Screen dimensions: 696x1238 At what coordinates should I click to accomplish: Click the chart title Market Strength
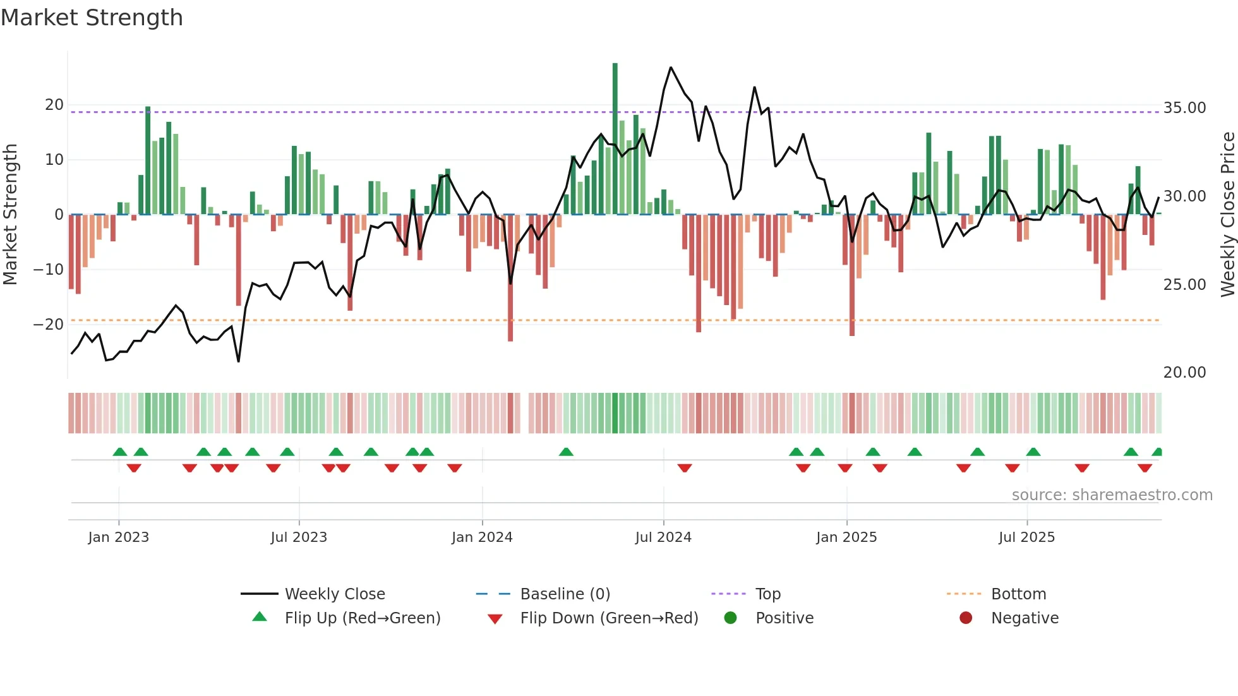(92, 18)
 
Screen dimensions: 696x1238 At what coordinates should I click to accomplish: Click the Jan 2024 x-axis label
(482, 537)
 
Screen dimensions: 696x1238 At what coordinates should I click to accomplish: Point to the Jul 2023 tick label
(299, 537)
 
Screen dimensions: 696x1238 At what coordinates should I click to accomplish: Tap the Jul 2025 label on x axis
(1026, 537)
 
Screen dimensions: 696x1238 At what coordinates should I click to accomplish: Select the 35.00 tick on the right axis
(1184, 108)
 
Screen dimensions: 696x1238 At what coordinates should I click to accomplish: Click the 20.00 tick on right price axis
(1184, 373)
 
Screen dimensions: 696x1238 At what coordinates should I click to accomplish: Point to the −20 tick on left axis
(49, 325)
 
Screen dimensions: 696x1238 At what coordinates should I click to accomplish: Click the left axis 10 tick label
(54, 160)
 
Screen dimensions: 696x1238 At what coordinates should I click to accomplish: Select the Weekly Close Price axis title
(1227, 215)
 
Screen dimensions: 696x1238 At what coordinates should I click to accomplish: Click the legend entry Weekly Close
(334, 594)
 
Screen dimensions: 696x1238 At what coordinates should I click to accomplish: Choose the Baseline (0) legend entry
(565, 594)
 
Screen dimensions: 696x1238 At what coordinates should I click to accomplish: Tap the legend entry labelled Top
(767, 594)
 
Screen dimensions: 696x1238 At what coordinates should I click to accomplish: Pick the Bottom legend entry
(1018, 594)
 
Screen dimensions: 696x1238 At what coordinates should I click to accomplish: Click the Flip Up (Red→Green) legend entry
(362, 618)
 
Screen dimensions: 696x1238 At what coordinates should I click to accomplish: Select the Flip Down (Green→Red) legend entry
(609, 618)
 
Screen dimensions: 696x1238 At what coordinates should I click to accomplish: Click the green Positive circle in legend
(731, 618)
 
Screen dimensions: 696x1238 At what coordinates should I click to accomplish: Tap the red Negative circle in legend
(966, 618)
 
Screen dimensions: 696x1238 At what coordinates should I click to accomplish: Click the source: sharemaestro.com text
(1112, 495)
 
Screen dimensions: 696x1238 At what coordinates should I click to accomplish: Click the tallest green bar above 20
(615, 139)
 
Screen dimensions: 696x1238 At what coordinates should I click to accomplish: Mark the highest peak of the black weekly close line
(671, 68)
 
